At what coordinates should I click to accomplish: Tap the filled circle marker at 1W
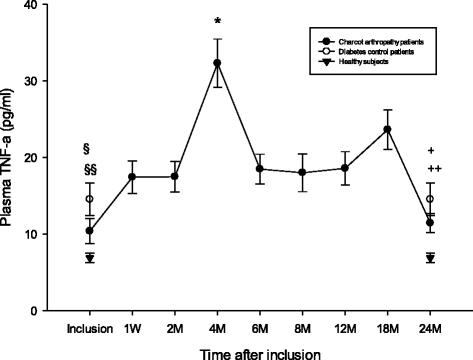(133, 177)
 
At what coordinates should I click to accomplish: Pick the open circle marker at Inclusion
(90, 199)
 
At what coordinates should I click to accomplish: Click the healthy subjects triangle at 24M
(430, 258)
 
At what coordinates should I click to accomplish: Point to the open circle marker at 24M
(430, 199)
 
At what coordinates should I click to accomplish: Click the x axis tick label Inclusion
(90, 327)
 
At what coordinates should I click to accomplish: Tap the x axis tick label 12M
(345, 327)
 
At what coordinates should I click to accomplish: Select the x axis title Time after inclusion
(259, 351)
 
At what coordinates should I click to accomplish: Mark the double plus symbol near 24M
(434, 169)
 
